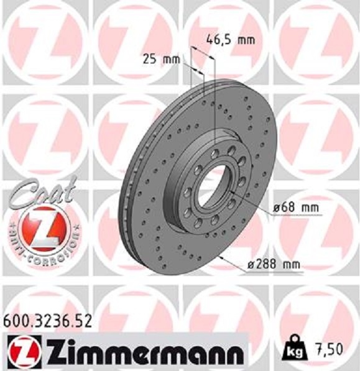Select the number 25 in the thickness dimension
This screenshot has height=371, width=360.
[149, 60]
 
